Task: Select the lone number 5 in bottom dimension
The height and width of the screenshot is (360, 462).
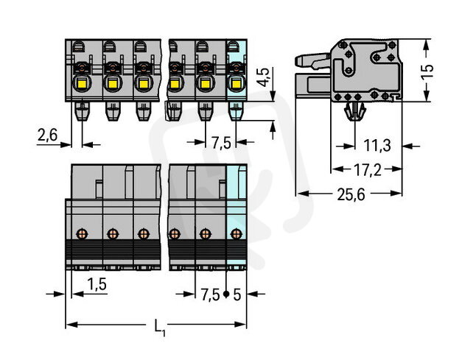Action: coord(236,295)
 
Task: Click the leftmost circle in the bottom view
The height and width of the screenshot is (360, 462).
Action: coord(82,235)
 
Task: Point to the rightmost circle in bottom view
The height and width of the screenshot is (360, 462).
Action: coord(236,235)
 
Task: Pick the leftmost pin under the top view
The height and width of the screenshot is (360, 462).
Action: coord(82,112)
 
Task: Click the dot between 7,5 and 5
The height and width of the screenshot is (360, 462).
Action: coord(225,295)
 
